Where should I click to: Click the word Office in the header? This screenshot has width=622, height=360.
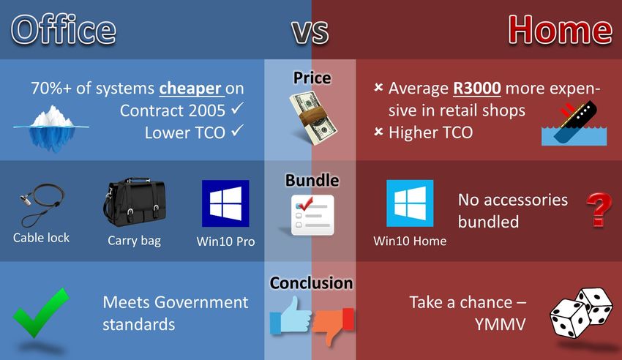(64, 30)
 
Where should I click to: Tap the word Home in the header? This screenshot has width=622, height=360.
(560, 30)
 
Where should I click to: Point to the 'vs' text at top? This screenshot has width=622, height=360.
(310, 31)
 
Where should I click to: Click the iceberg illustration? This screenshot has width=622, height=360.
(51, 128)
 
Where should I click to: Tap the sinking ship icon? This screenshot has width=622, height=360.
(574, 123)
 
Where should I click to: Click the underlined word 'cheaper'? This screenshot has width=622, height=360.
(190, 88)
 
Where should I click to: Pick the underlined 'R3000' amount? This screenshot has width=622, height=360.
(477, 88)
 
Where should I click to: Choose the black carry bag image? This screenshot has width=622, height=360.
(135, 202)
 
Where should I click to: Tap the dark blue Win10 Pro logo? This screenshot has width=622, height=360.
(225, 203)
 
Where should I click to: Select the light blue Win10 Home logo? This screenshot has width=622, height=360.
(410, 203)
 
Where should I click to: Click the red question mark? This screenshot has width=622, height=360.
(599, 210)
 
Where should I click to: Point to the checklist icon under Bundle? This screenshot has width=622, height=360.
(312, 215)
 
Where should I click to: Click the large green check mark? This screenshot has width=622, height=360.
(41, 313)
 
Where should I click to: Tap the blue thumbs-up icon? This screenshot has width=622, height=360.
(291, 315)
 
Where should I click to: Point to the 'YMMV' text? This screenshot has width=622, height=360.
(500, 324)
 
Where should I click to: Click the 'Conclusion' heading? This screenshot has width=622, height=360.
(312, 283)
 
